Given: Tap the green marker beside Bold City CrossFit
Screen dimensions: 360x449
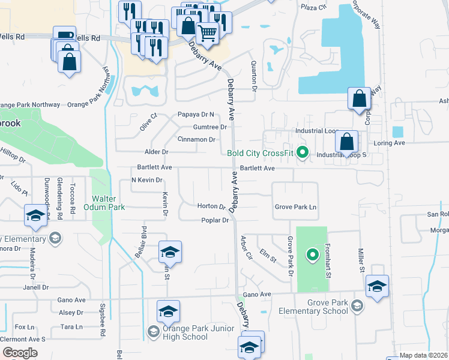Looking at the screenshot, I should coord(303,152).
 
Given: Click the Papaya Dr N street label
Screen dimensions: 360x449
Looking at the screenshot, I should coord(196,114).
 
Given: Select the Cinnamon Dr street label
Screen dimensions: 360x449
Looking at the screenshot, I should coord(196,139).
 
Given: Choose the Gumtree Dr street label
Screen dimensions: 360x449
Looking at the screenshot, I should coord(210,127).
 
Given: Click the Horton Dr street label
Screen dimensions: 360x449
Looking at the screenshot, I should coord(211,206).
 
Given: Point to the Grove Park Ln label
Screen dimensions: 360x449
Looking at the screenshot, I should coord(295,207).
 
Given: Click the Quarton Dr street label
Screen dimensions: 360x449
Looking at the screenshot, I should coord(254,76).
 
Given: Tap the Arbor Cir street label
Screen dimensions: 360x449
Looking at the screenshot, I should coord(244,245).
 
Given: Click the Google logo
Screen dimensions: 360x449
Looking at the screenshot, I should coord(20,353).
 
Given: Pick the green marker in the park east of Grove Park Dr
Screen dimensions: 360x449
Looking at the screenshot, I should coord(312,255).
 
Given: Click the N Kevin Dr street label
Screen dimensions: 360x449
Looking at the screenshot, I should coord(146,180).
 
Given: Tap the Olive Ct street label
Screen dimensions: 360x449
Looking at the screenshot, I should coord(148,121).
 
